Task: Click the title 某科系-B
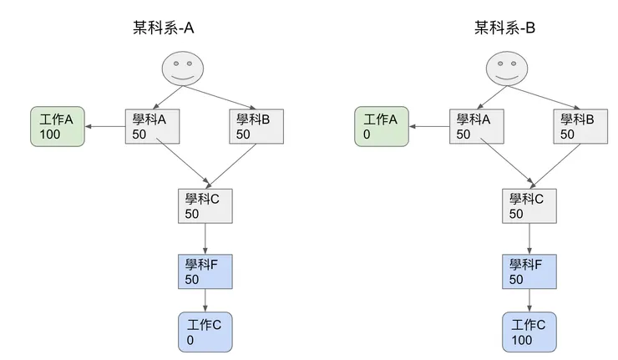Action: click(x=504, y=28)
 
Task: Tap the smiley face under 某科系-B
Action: click(x=505, y=68)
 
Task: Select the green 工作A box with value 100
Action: click(x=57, y=127)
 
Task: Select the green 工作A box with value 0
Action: click(x=381, y=127)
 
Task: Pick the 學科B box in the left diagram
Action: click(x=256, y=127)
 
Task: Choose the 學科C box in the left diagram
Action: click(x=205, y=206)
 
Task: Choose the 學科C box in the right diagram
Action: click(x=529, y=206)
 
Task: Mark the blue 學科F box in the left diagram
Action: click(x=205, y=271)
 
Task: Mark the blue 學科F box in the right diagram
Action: click(x=529, y=271)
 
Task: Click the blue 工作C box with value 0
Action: click(x=205, y=332)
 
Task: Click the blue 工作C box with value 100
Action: click(x=529, y=332)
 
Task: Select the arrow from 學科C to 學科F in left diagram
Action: click(x=205, y=239)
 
